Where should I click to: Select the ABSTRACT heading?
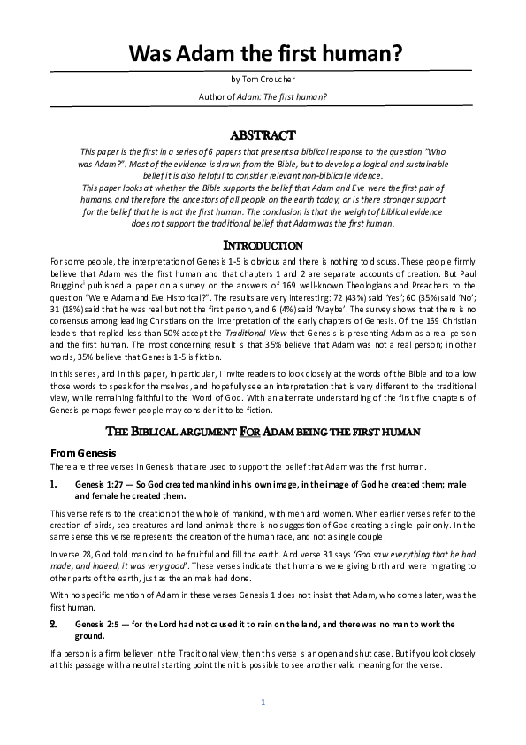pyautogui.click(x=263, y=135)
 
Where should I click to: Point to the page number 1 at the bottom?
pyautogui.click(x=263, y=703)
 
